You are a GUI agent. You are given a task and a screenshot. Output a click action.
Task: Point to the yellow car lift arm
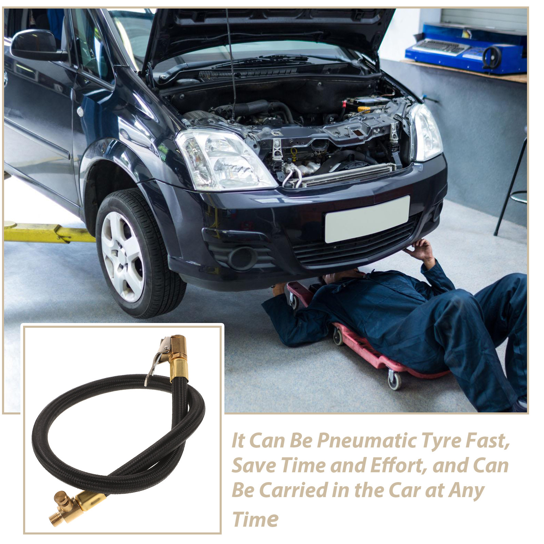(x=48, y=232)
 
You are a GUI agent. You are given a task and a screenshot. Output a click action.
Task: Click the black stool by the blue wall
(x=513, y=190)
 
